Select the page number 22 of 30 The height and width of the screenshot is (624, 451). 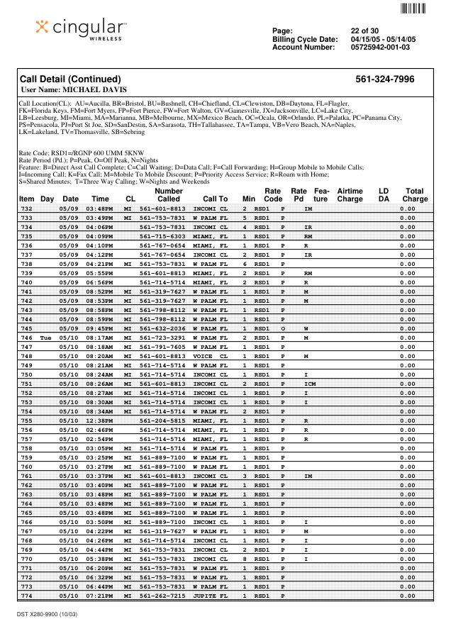pyautogui.click(x=364, y=30)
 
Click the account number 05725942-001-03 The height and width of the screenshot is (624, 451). pyautogui.click(x=380, y=48)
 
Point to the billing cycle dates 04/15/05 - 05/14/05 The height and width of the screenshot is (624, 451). pyautogui.click(x=383, y=39)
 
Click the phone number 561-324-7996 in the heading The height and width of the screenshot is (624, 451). pyautogui.click(x=384, y=79)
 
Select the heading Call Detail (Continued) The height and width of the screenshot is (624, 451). pyautogui.click(x=70, y=79)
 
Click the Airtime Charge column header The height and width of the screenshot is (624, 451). pyautogui.click(x=350, y=195)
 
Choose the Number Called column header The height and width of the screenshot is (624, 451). pyautogui.click(x=169, y=195)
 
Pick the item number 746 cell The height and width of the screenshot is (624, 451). pyautogui.click(x=26, y=338)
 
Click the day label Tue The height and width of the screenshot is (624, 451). pyautogui.click(x=47, y=338)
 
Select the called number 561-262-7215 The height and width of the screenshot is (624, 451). pyautogui.click(x=162, y=596)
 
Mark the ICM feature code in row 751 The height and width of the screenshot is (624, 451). pyautogui.click(x=310, y=384)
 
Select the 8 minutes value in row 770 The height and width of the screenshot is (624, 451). pyautogui.click(x=245, y=559)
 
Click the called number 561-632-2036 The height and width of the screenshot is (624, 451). pyautogui.click(x=162, y=328)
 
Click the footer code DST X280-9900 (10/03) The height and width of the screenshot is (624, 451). pyautogui.click(x=48, y=613)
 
